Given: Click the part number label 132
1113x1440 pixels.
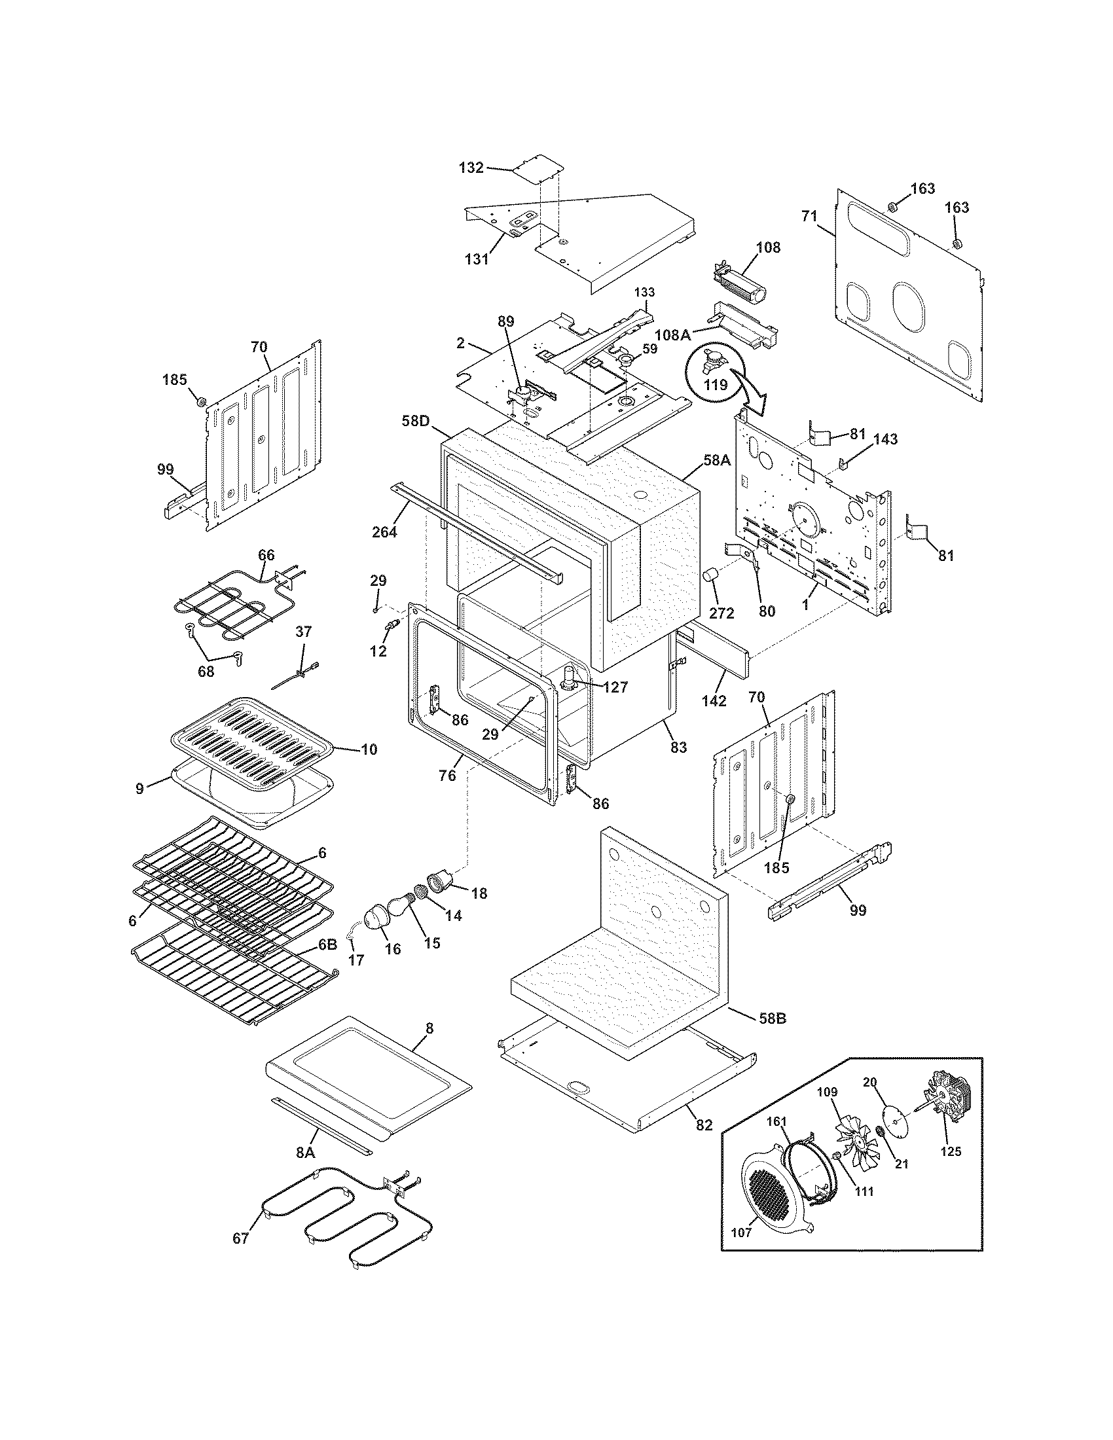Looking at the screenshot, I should point(471,168).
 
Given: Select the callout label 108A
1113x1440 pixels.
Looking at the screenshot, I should point(673,335).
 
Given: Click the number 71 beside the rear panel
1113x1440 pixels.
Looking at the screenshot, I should point(809,215).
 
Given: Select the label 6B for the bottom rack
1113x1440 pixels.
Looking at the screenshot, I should point(328,944).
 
